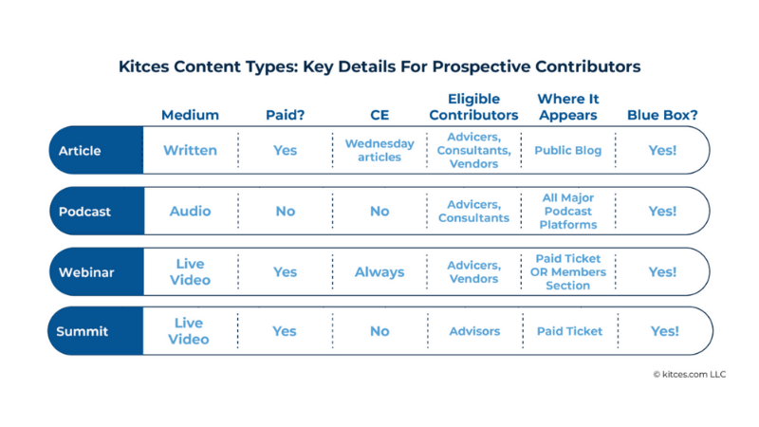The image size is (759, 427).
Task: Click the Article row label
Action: (x=80, y=151)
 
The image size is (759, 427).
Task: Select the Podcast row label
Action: (x=84, y=212)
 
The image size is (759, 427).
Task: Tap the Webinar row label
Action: (x=86, y=272)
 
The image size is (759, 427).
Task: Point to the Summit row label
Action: (x=82, y=331)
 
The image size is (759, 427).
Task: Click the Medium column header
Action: (x=190, y=115)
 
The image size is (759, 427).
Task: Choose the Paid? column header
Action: (x=286, y=115)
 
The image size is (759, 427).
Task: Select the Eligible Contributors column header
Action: (x=473, y=107)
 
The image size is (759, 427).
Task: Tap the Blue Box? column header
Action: (x=662, y=115)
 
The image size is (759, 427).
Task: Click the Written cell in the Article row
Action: (x=190, y=150)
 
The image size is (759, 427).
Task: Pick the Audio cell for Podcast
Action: (x=190, y=211)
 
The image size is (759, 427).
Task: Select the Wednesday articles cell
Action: (x=379, y=150)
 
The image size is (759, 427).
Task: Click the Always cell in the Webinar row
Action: (x=379, y=272)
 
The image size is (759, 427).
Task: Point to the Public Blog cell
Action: (x=567, y=150)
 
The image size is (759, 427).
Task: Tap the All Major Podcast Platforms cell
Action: (x=567, y=211)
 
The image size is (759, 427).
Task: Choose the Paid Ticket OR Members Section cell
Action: (x=567, y=272)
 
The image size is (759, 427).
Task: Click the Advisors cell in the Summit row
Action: (x=474, y=331)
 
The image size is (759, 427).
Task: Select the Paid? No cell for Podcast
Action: (x=286, y=211)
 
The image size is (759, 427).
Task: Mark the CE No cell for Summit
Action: (x=379, y=331)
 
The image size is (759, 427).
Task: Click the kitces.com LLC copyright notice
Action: (x=690, y=374)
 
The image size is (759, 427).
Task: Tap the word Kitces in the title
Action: (x=144, y=66)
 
